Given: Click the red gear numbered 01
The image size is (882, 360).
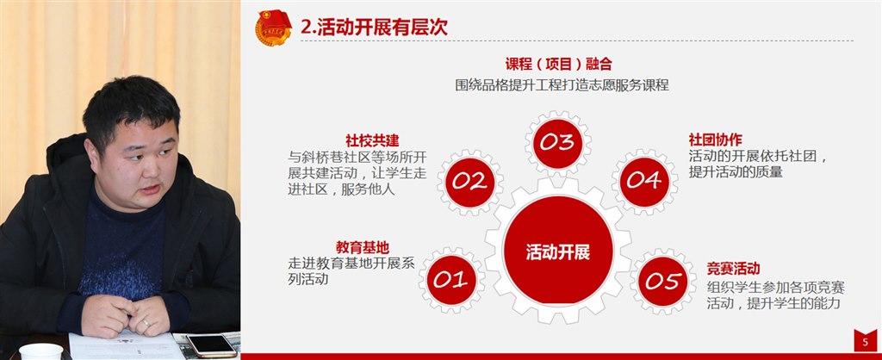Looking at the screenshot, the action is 451,280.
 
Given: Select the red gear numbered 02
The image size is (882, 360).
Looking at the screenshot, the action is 469,182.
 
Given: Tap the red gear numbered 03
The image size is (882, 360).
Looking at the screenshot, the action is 557,143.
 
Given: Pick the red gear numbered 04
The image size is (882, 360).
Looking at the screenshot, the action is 644,181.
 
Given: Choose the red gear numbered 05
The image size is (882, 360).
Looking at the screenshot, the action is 663,281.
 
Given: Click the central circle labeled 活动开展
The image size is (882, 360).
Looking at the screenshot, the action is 558,251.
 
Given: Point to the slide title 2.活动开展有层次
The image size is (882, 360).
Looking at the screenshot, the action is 374,27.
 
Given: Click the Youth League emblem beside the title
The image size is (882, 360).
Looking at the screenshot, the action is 273,28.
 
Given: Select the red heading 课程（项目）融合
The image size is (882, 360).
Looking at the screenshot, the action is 558,64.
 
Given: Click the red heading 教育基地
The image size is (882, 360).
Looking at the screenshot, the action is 363,247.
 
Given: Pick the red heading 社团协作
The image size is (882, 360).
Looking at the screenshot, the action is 715,140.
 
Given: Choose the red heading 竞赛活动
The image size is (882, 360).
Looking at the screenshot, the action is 733,269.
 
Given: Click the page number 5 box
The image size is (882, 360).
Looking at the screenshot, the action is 865,341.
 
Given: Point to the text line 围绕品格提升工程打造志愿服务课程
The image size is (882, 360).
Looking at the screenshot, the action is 562,85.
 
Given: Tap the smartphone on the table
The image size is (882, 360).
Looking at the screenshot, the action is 212,344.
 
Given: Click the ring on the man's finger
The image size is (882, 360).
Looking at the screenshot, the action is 146,322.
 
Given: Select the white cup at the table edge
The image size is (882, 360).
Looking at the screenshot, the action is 41,351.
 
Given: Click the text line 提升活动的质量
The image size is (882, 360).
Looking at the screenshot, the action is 736,172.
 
